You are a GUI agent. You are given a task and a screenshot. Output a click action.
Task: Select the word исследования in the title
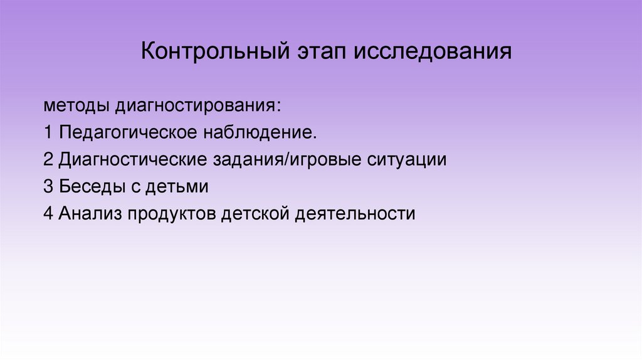click(433, 51)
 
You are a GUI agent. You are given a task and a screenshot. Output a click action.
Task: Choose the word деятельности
click(355, 214)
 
